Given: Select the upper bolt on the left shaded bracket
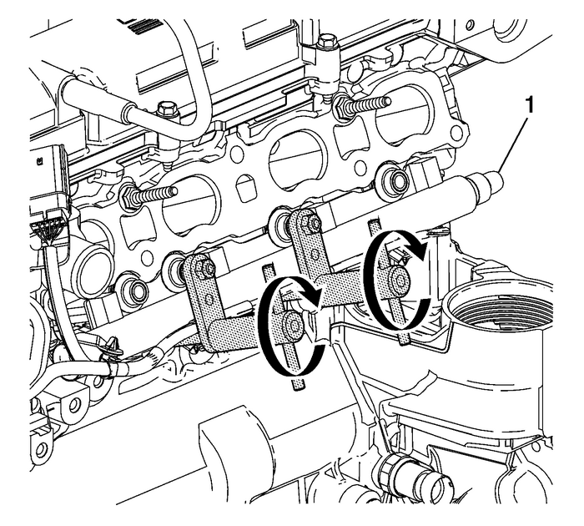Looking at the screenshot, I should pos(204,269).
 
